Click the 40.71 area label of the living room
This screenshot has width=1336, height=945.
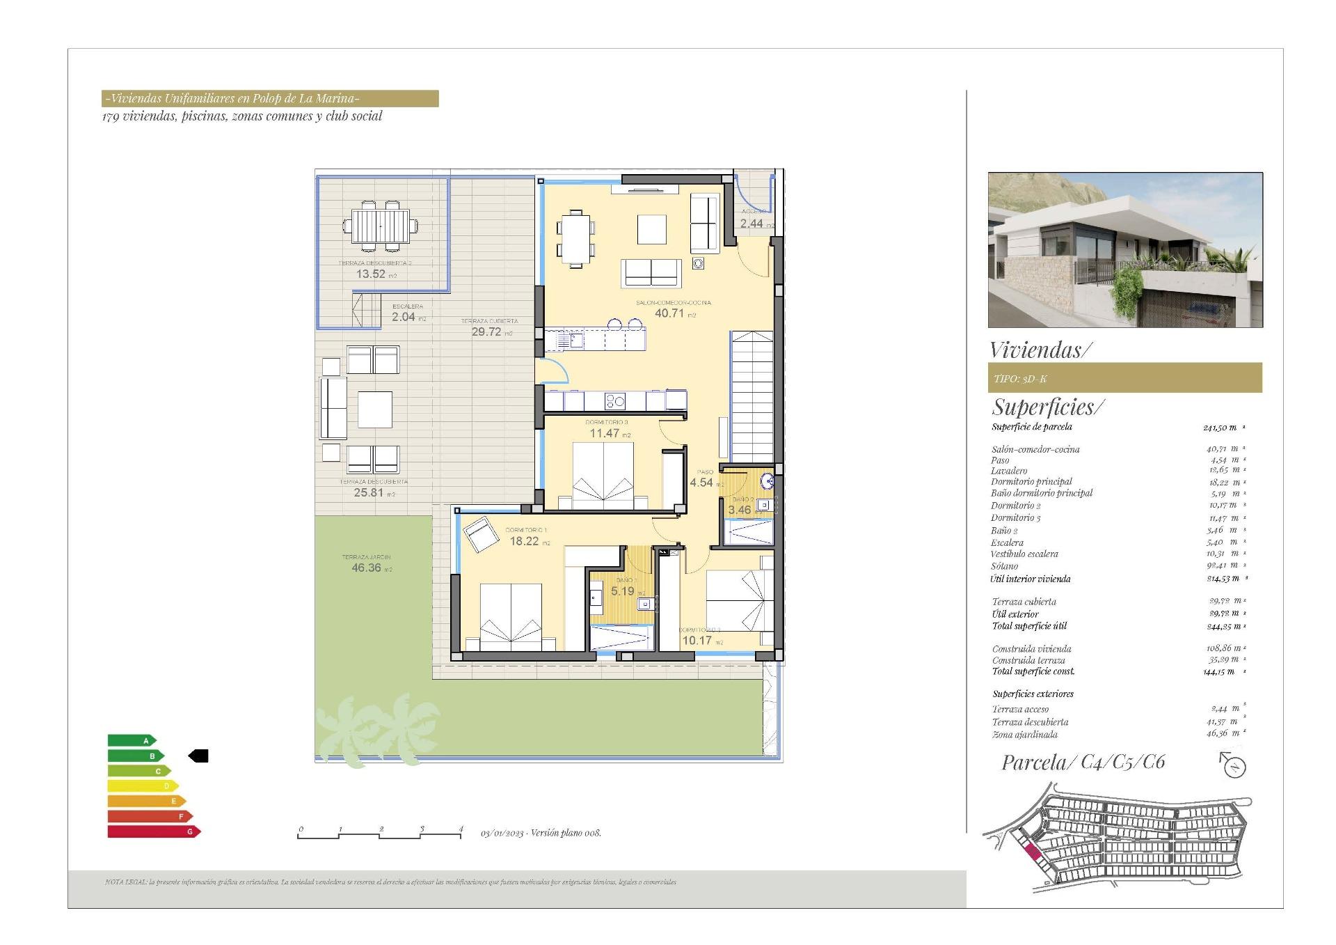tap(669, 313)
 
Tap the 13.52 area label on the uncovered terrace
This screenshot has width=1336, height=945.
tap(371, 274)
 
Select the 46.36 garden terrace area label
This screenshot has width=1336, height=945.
tap(366, 568)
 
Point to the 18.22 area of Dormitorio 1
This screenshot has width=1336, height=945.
tap(524, 541)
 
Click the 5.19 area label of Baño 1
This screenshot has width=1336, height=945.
tap(623, 591)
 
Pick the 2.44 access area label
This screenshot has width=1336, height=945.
tap(751, 224)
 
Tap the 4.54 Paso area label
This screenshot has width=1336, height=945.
tap(701, 483)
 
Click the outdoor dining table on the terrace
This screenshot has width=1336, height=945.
tap(380, 226)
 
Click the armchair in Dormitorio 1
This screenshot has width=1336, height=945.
tap(478, 535)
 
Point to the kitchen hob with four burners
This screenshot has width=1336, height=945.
tap(615, 401)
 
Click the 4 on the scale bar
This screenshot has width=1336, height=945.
tap(461, 829)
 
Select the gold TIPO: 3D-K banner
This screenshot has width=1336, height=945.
tap(1124, 378)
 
